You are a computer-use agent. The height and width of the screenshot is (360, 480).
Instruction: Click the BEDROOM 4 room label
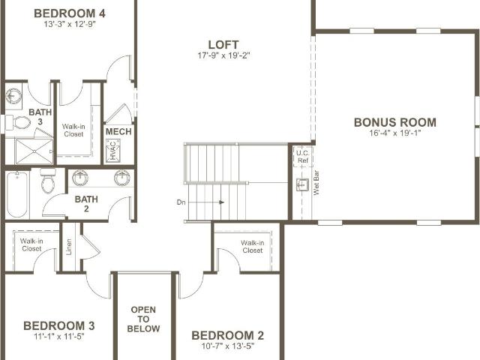click(x=70, y=13)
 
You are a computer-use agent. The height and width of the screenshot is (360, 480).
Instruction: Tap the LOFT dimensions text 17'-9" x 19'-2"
click(x=223, y=55)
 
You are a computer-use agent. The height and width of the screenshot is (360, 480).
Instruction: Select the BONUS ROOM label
click(x=395, y=122)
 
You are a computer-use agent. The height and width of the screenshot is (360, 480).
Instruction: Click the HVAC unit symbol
click(x=112, y=151)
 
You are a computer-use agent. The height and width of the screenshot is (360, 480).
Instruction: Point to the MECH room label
click(x=118, y=132)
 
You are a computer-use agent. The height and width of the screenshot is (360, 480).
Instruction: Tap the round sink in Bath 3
click(x=13, y=97)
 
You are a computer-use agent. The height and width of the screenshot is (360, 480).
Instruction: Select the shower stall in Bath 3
click(x=34, y=151)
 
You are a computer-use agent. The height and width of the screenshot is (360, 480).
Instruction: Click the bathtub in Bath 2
click(x=17, y=194)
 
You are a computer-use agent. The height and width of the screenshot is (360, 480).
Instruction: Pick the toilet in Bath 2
click(x=48, y=181)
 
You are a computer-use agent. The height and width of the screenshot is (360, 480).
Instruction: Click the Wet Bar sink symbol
click(x=302, y=185)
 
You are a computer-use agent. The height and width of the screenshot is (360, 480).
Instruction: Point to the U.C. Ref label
click(x=303, y=157)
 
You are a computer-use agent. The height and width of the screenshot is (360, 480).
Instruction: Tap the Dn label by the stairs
click(x=181, y=202)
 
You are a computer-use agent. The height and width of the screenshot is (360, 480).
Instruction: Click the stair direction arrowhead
click(x=222, y=202)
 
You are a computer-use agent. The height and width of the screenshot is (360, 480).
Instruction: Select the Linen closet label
click(x=69, y=247)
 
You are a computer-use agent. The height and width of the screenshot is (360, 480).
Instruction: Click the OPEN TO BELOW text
click(x=143, y=319)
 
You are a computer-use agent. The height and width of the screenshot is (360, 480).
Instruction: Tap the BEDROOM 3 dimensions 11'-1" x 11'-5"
click(x=59, y=337)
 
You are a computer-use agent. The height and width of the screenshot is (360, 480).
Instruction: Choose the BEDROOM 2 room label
click(x=228, y=335)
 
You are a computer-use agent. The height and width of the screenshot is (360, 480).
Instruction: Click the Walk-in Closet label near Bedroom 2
click(x=253, y=247)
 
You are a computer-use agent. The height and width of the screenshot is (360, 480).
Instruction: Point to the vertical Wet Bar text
click(x=316, y=183)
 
